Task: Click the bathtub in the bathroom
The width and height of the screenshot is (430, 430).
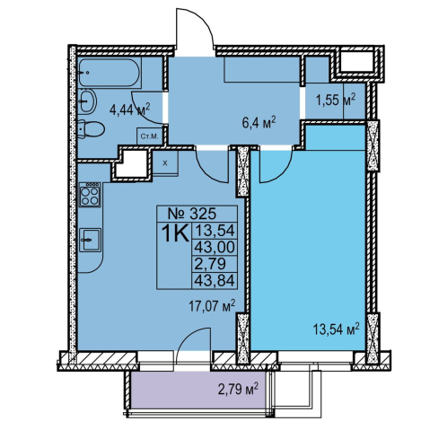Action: [110, 73]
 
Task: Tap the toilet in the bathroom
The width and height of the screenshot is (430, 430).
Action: [92, 129]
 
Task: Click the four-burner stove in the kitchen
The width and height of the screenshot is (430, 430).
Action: [90, 195]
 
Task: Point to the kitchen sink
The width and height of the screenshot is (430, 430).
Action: [91, 240]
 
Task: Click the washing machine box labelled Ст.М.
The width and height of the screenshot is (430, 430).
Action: [149, 136]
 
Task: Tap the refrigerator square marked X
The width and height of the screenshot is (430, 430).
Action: [165, 163]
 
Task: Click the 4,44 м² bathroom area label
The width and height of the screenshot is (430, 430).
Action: [129, 110]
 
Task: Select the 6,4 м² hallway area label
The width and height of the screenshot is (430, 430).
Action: [259, 123]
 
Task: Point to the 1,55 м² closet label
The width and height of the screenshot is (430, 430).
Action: [336, 100]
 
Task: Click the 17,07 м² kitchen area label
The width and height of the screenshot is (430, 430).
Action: [212, 306]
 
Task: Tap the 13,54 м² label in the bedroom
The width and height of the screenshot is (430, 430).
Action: [336, 329]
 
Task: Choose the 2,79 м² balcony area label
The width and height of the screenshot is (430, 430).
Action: [239, 391]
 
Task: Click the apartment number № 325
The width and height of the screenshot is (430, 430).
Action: [192, 214]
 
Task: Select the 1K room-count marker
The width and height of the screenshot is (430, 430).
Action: [175, 233]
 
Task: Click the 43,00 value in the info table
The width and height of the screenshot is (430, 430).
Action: [215, 247]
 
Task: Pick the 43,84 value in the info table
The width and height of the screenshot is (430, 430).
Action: [215, 281]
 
